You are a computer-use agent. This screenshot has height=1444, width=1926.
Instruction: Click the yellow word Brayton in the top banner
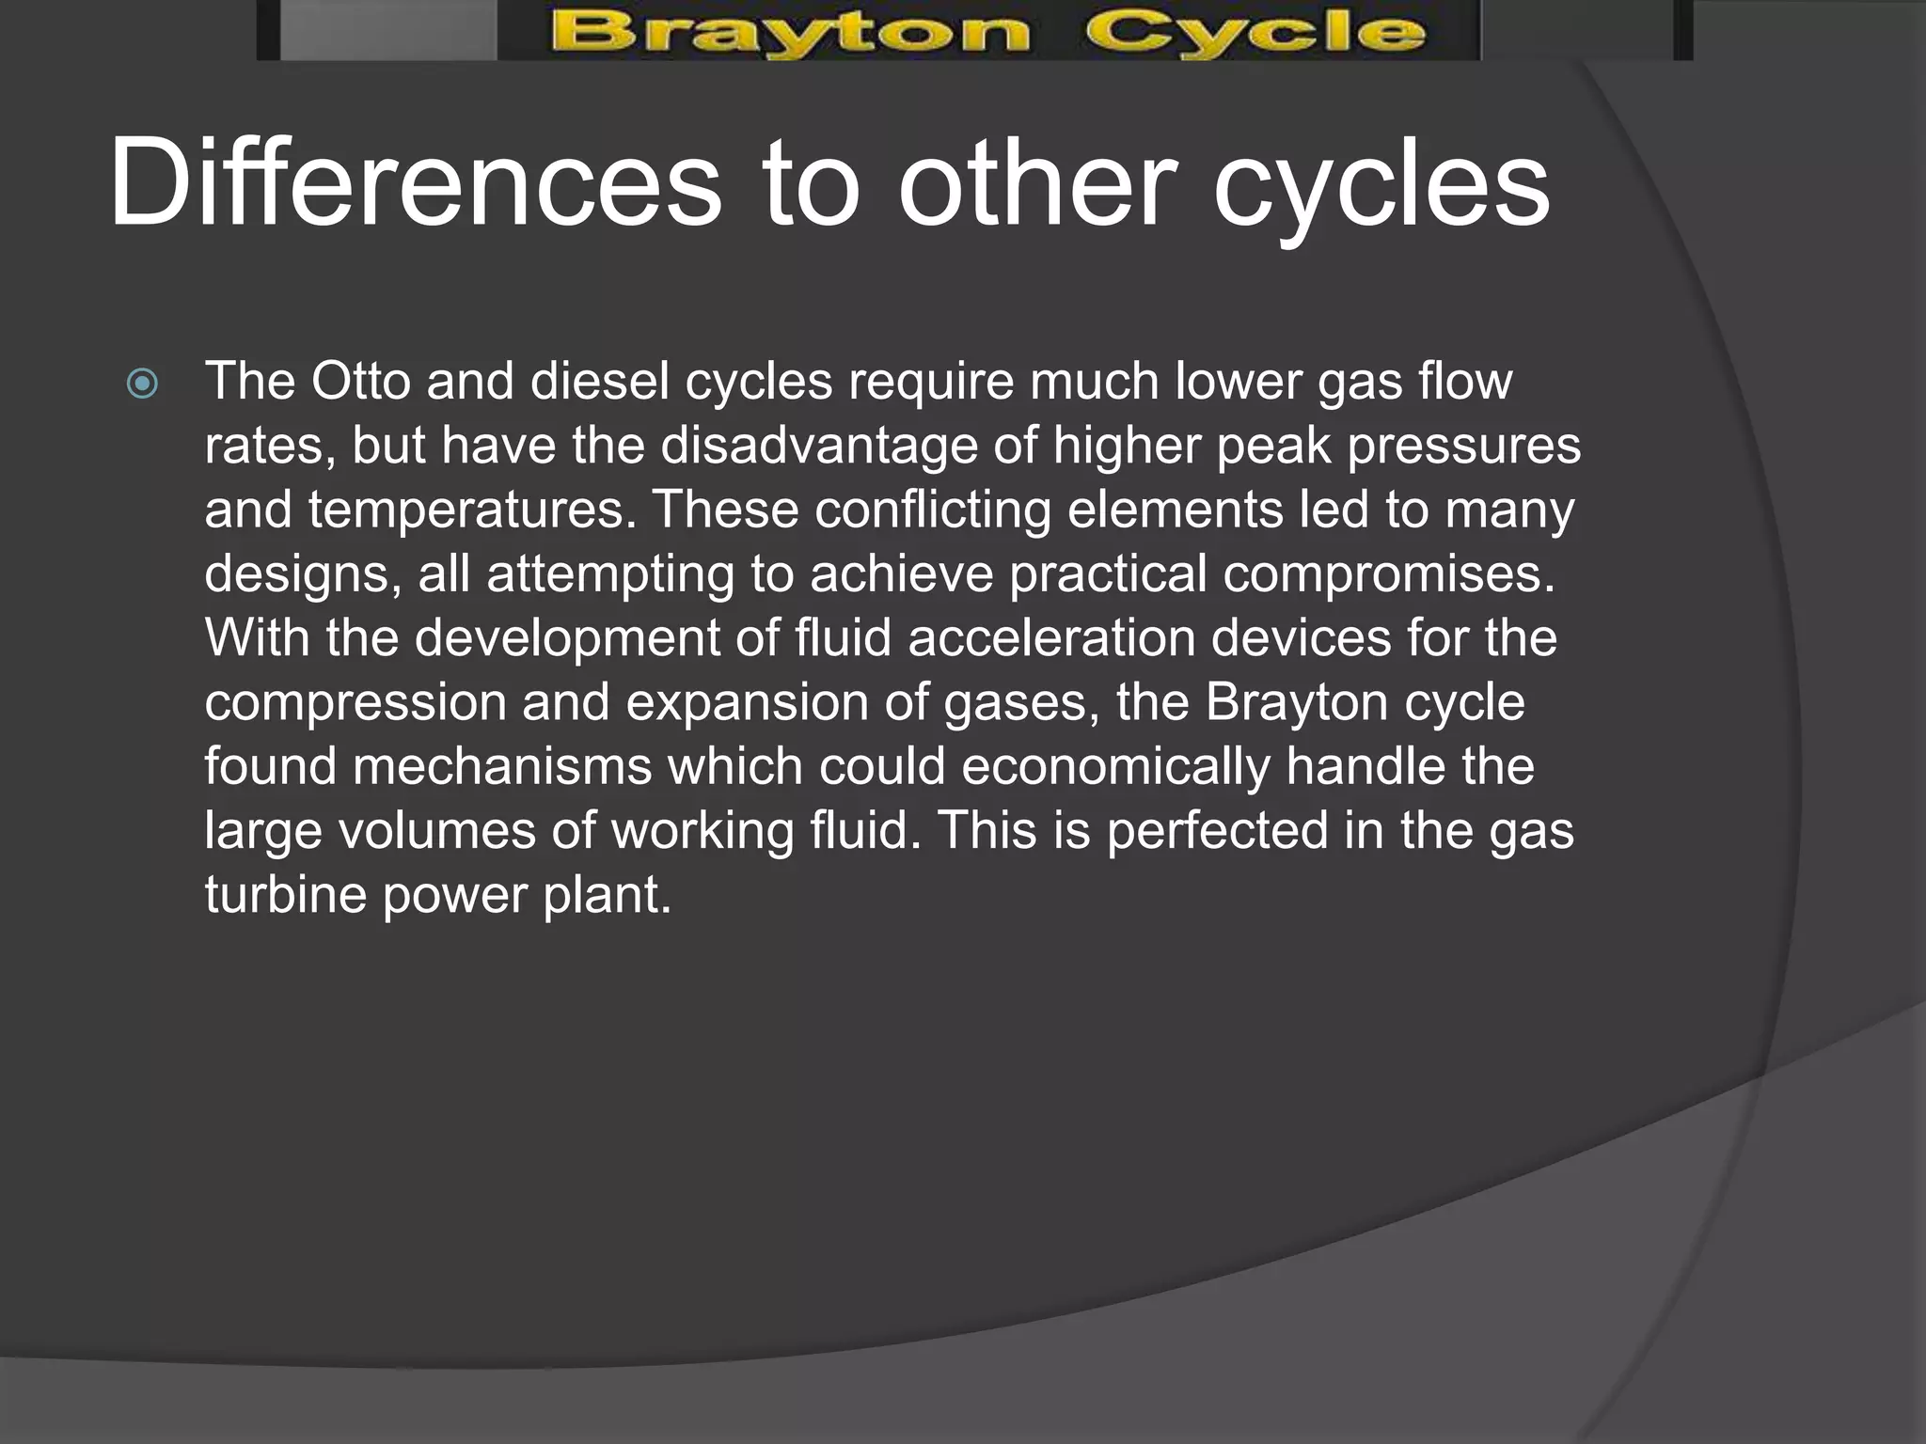point(790,34)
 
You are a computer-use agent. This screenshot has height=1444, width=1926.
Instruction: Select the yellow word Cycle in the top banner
point(1255,34)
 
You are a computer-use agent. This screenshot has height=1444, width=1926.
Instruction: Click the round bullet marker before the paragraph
point(142,384)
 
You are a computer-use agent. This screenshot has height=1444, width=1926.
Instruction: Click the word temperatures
point(466,510)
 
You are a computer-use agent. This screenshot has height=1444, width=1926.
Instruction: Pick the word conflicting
point(932,510)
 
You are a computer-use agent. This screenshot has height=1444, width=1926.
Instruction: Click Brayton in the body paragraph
point(1297,702)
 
